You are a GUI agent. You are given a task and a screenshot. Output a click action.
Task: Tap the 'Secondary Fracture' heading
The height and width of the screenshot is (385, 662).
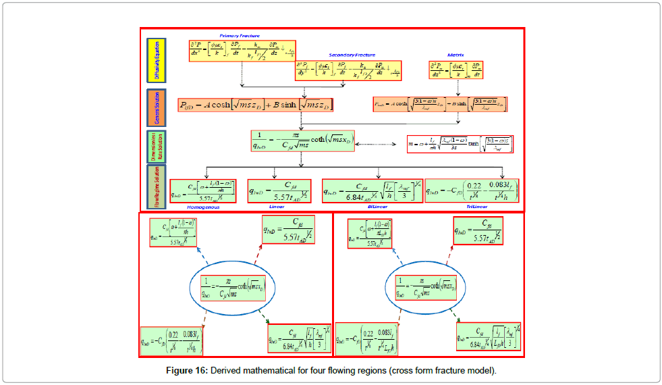click(x=351, y=54)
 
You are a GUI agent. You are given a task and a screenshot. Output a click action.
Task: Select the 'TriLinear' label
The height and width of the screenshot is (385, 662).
click(x=472, y=206)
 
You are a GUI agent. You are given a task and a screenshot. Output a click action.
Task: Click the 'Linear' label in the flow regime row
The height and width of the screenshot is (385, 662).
click(x=278, y=206)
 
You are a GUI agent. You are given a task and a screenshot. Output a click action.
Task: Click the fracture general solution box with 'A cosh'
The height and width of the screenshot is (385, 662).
click(x=256, y=105)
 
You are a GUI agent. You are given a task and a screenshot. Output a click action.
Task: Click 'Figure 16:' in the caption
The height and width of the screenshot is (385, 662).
click(x=188, y=370)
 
